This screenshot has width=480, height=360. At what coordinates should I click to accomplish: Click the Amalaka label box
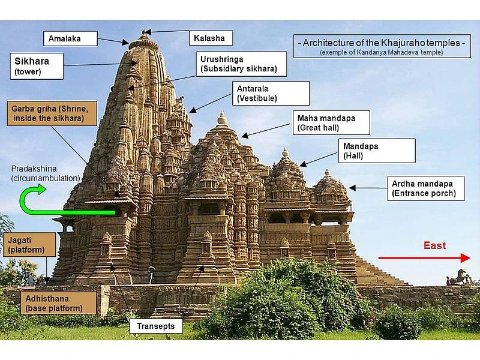tap(70, 38)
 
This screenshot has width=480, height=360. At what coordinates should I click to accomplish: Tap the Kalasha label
tap(211, 38)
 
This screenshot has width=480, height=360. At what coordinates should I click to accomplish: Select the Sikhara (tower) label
tap(37, 66)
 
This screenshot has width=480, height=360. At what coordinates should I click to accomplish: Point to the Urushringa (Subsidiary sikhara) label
tap(241, 64)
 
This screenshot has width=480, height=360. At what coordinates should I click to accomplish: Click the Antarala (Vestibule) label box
tap(271, 94)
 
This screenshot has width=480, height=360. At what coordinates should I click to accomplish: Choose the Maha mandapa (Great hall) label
tap(331, 123)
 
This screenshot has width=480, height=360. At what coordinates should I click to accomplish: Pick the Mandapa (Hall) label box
tap(377, 151)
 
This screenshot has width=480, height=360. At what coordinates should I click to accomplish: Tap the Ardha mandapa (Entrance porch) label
tap(426, 188)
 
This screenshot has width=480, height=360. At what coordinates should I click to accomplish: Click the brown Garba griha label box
tap(52, 113)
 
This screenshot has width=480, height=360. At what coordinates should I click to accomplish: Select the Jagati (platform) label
tap(29, 245)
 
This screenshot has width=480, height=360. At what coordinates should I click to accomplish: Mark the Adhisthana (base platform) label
tap(58, 303)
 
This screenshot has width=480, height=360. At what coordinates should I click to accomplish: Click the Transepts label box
tap(156, 326)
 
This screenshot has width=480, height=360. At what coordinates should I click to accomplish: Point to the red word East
tap(434, 245)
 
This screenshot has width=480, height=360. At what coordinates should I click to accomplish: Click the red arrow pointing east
tap(424, 258)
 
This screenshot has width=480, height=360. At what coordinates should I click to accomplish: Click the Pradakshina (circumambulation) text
tap(46, 173)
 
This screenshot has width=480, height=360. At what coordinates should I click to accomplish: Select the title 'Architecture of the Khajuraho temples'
tap(382, 43)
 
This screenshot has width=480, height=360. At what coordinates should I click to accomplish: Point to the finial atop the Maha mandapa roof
tap(222, 118)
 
